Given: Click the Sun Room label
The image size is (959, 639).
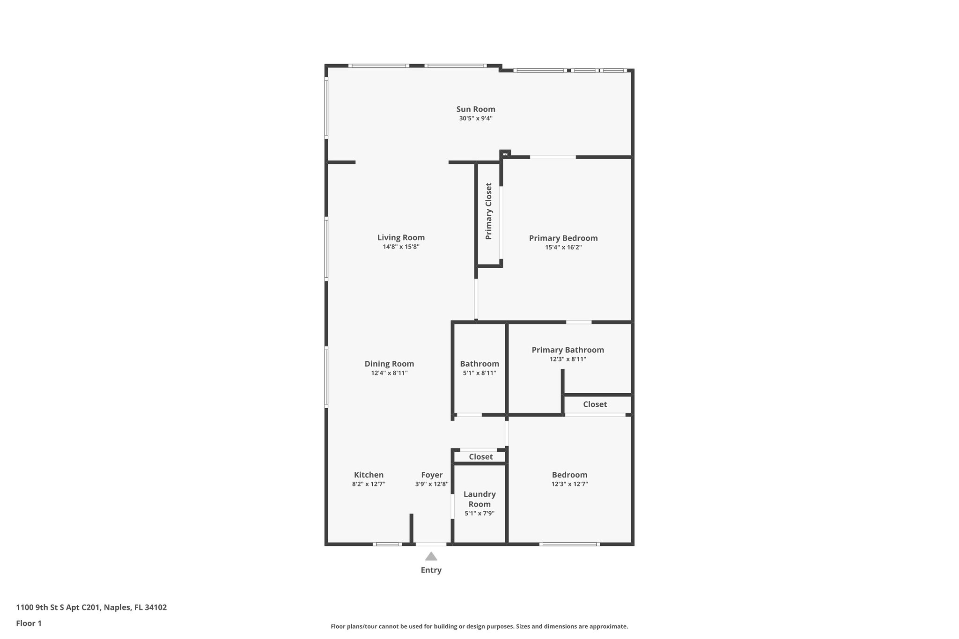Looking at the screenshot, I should coord(476,109).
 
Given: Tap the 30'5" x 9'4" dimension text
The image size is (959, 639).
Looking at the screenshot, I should coord(476,118).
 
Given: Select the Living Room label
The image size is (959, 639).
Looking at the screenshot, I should coord(401,237).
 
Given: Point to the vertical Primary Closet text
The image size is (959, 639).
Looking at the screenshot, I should coord(489,211).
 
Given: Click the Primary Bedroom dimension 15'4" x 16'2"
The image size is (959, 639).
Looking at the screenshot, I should coord(563,247).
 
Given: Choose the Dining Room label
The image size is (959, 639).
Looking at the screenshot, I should coord(389,364).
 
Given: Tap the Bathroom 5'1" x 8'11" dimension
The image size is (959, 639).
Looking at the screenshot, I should coord(479,373).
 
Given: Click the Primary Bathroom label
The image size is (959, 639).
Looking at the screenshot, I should coord(568,350).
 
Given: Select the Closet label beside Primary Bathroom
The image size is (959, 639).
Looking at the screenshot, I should coord(595,404).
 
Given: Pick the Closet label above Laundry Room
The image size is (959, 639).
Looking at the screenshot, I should coord(480,456).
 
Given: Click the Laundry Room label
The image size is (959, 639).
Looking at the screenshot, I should coord(479,499).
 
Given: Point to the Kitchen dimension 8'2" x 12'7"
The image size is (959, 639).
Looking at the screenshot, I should coord(369,484).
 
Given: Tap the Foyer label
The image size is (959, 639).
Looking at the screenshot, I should coord(432,475).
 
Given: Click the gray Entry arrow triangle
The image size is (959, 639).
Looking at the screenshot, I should coord(431,557).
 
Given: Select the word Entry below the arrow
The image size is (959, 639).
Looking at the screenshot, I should coord(431,570).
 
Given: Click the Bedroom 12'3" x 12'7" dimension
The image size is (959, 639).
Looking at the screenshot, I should coord(569,484).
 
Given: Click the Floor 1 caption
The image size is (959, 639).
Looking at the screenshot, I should coord(29,624).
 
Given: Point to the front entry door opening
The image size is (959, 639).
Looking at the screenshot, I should coord(431,544).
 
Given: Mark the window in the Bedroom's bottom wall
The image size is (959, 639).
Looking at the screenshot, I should coord(569,544).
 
